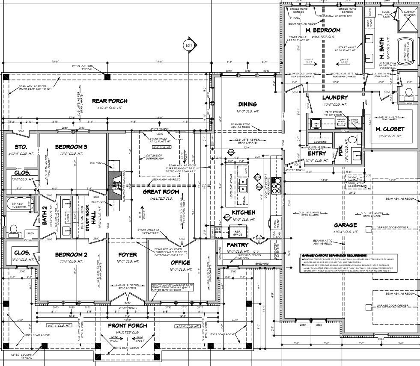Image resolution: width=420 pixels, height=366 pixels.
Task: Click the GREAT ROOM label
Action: pos(161,192)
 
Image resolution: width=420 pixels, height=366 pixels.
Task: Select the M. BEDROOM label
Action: pos(323,30)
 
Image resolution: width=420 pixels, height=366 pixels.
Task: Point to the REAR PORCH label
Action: pos(110,101)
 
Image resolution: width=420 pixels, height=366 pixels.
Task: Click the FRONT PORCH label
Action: pos(128,325)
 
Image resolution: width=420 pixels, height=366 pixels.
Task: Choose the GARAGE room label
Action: pos(346,225)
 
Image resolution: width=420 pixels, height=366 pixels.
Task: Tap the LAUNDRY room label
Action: pos(335,97)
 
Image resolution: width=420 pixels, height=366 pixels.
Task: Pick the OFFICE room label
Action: pos(180,263)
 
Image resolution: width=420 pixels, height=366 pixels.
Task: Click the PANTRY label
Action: pos(238,245)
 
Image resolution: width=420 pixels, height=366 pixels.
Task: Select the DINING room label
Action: pos(247,104)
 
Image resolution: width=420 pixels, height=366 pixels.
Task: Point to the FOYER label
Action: pos(127,255)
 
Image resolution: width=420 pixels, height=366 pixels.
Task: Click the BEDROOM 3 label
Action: pos(71,147)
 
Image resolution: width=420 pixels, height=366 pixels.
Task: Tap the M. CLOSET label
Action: pos(390,129)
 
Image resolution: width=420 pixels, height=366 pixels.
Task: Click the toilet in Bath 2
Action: pos(14,230)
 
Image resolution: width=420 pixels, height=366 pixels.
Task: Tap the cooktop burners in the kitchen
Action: pos(276,185)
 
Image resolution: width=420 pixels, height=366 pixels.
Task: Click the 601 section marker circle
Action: pos(189,45)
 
